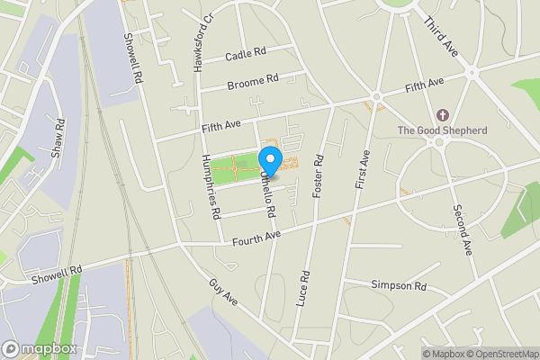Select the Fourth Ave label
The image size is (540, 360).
(256, 238)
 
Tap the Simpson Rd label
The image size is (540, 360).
(398, 285)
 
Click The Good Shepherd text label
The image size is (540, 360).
(443, 130)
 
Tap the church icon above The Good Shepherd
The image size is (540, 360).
(442, 115)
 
